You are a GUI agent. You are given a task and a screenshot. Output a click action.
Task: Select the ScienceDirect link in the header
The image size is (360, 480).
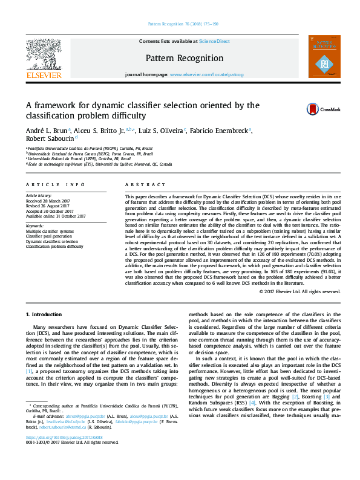pyautogui.click(x=215, y=41)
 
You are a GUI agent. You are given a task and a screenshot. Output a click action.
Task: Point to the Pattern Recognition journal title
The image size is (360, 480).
pyautogui.click(x=184, y=58)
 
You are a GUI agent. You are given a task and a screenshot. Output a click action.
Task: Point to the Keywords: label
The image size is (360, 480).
pyautogui.click(x=35, y=225)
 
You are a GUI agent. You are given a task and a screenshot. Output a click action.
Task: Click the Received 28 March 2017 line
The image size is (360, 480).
pyautogui.click(x=47, y=201)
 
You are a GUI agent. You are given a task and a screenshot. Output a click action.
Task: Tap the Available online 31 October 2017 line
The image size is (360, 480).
pyautogui.click(x=55, y=216)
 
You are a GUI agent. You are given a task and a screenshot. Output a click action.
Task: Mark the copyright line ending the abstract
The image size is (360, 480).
pyautogui.click(x=299, y=291)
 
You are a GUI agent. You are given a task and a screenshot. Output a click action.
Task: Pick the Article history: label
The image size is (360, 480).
pyautogui.click(x=39, y=196)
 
